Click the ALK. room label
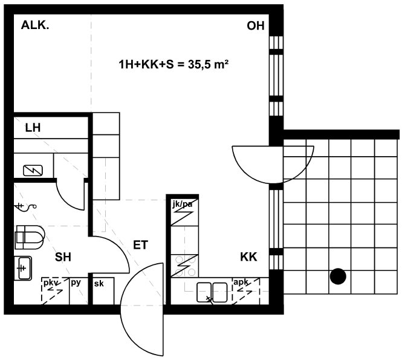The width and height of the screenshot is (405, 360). coord(35,25)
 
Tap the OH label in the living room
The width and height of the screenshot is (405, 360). coord(256,26)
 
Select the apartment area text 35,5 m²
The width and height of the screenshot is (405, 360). coord(208,64)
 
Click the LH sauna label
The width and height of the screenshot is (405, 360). coord(33,128)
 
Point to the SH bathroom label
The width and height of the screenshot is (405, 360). coord(63,257)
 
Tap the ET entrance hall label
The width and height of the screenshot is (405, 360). coord(140,244)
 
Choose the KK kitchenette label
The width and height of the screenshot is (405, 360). coord(248,257)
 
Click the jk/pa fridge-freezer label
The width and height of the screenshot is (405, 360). coord(183,205)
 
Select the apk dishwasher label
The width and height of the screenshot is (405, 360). coord(241,282)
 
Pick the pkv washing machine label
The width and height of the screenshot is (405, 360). coord(51,283)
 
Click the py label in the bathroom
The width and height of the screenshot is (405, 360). coord(76,283)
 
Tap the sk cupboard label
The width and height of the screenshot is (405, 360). coord(99,284)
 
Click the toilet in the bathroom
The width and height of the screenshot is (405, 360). coord(30,237)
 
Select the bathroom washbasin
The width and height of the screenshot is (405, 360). coord(23,268)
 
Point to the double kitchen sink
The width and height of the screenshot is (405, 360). coord(212,292)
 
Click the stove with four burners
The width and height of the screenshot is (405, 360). coord(184,266)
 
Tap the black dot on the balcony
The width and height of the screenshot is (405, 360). coord(338,277)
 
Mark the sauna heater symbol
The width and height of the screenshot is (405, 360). coord(33,171)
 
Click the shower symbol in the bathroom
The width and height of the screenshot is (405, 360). coord(26,207)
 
